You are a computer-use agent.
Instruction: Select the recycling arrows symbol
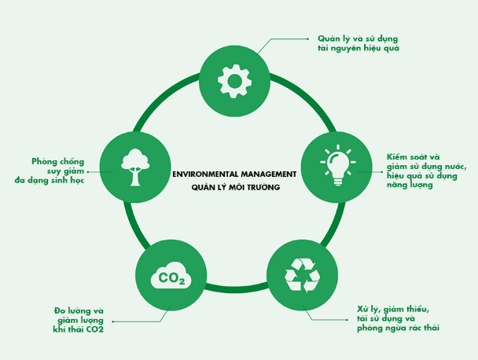coord(302,274)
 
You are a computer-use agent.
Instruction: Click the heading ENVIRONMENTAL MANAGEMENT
coord(234,173)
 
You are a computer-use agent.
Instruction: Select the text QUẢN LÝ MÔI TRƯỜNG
coord(235,189)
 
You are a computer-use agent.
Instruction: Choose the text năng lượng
coord(410,185)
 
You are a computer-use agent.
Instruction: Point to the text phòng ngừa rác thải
coord(398,328)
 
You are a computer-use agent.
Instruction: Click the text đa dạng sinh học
coord(49,180)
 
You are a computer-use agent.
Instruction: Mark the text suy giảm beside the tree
coord(62,171)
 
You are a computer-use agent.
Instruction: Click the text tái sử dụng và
coord(385,318)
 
